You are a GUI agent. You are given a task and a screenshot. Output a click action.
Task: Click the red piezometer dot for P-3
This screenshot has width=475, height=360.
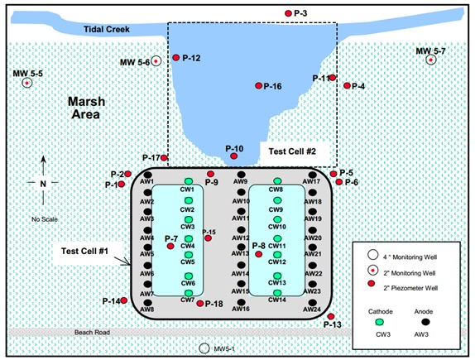(288, 13)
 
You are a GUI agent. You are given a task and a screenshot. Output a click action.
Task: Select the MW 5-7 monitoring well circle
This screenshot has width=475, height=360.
(431, 60)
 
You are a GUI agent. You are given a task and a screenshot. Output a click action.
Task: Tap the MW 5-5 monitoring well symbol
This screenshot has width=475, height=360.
(27, 83)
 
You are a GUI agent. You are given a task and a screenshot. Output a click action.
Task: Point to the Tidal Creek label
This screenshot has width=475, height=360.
(107, 30)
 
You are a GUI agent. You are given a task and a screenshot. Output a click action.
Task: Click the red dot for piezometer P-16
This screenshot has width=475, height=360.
(258, 86)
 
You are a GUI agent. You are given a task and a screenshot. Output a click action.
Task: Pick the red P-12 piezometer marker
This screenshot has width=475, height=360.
(176, 57)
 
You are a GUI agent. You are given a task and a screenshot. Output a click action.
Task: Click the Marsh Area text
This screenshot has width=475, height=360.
(86, 108)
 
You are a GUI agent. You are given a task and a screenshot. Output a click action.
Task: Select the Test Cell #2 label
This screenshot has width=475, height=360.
(292, 151)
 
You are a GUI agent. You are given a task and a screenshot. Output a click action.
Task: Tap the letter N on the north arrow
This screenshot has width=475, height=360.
(43, 184)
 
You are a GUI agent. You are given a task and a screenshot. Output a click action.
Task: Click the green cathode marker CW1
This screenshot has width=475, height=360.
(189, 181)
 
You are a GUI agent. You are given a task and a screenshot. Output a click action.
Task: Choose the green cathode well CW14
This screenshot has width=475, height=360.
(277, 293)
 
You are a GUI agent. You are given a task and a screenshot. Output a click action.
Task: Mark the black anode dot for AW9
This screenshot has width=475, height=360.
(241, 175)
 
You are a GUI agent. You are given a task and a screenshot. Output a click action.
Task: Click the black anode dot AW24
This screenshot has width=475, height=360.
(313, 302)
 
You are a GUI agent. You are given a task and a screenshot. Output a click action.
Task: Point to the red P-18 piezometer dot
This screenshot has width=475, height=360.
(200, 304)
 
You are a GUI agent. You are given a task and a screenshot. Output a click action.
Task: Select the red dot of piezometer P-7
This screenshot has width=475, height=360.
(170, 246)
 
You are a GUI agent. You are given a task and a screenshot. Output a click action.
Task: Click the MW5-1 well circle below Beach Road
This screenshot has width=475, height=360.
(204, 348)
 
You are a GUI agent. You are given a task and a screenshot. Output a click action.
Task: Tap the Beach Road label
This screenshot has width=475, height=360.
(92, 333)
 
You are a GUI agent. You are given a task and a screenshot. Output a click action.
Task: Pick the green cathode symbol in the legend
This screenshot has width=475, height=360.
(380, 322)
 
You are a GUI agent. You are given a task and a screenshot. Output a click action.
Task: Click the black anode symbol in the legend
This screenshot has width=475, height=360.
(425, 322)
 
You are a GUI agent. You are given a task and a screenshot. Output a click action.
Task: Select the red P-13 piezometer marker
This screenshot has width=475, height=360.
(331, 316)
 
